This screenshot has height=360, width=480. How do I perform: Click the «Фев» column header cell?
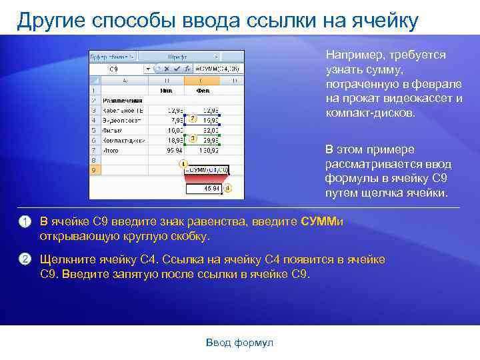pyautogui.click(x=203, y=90)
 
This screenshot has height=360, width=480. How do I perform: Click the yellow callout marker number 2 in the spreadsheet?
pyautogui.click(x=192, y=119)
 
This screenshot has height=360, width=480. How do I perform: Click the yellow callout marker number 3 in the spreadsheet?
pyautogui.click(x=192, y=139)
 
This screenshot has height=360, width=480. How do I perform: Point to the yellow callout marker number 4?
pyautogui.click(x=227, y=189)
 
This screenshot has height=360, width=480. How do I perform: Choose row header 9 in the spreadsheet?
pyautogui.click(x=94, y=171)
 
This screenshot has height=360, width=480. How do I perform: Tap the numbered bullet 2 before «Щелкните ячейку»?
pyautogui.click(x=24, y=259)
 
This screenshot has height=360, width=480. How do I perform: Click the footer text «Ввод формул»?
pyautogui.click(x=239, y=343)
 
